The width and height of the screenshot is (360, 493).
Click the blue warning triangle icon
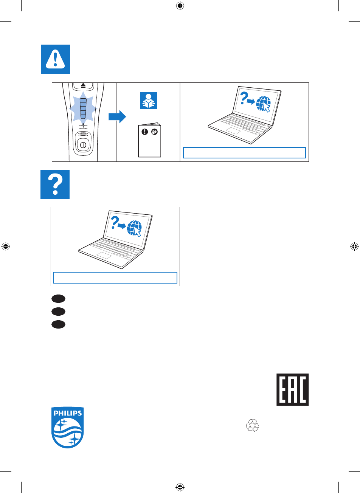[56, 59]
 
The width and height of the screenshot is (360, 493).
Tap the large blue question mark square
[55, 184]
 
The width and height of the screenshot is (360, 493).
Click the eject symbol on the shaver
[83, 85]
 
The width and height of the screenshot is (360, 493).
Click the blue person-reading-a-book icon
[149, 101]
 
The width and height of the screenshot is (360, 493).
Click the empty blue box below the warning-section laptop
[244, 153]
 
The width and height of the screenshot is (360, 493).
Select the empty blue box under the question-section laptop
[115, 277]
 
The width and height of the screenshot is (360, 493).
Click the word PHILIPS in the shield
[67, 413]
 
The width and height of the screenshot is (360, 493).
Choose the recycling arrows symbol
[253, 425]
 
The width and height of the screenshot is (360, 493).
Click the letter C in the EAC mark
[303, 390]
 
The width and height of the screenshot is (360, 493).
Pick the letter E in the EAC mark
[282, 390]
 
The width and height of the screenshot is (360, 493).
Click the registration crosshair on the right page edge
[354, 246]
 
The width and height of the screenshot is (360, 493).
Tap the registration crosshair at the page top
[180, 6]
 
